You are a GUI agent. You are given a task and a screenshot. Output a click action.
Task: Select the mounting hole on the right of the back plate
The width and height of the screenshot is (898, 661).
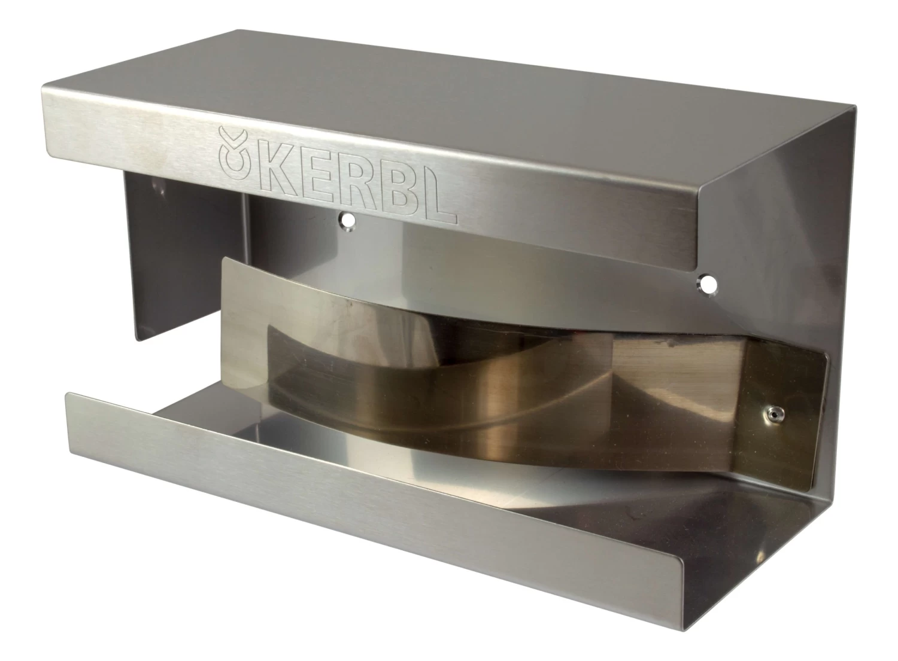click(707, 285)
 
